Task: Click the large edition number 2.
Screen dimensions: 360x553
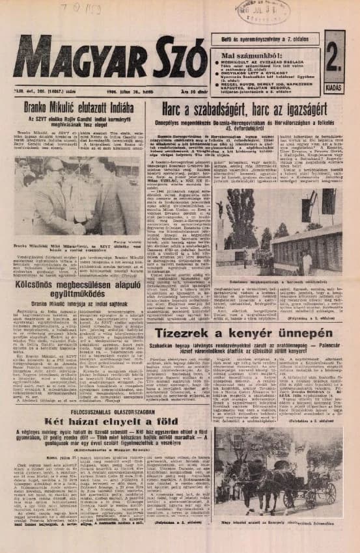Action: (333, 51)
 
